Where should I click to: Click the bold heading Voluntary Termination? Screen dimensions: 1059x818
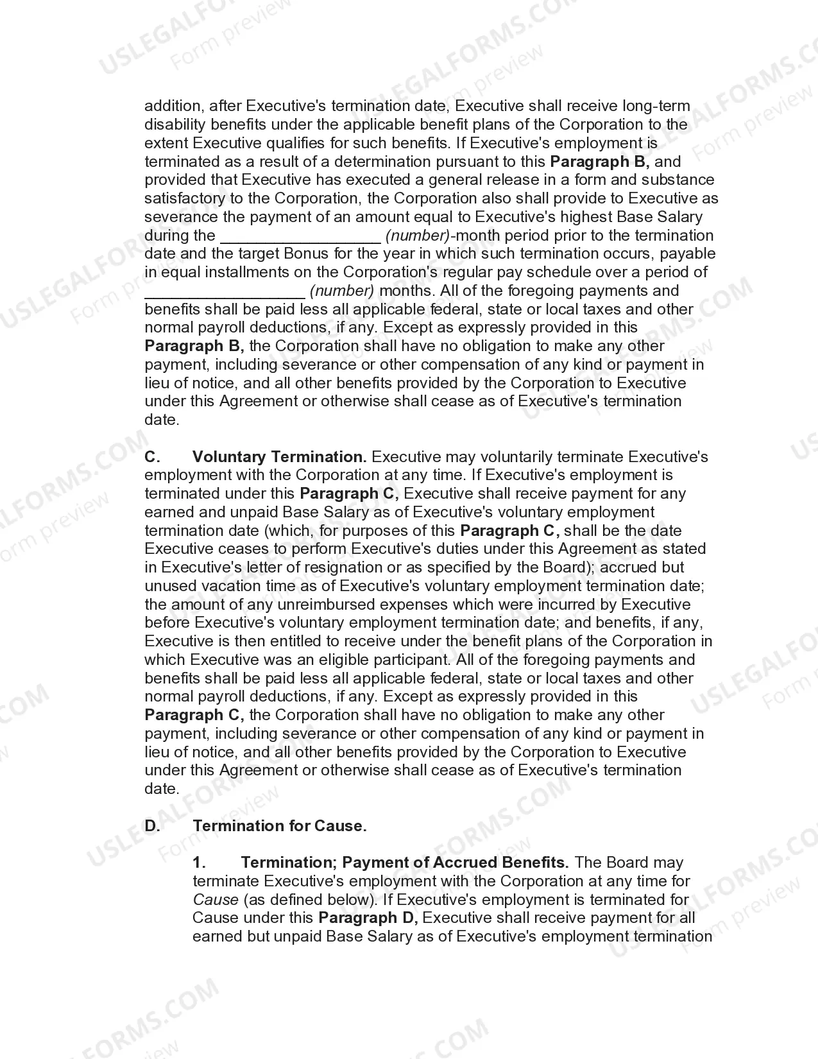tap(279, 457)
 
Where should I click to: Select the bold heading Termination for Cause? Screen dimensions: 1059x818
tap(280, 826)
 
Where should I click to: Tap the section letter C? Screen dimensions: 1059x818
tap(151, 457)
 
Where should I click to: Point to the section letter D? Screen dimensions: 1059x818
tap(152, 826)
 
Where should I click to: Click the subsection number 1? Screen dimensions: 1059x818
tap(199, 863)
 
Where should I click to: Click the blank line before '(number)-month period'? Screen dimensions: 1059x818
tap(300, 237)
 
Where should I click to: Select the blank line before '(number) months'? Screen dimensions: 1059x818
tap(225, 293)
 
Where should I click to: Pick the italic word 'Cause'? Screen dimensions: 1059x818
tap(216, 900)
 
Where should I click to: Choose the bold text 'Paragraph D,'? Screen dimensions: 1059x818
tap(368, 918)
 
